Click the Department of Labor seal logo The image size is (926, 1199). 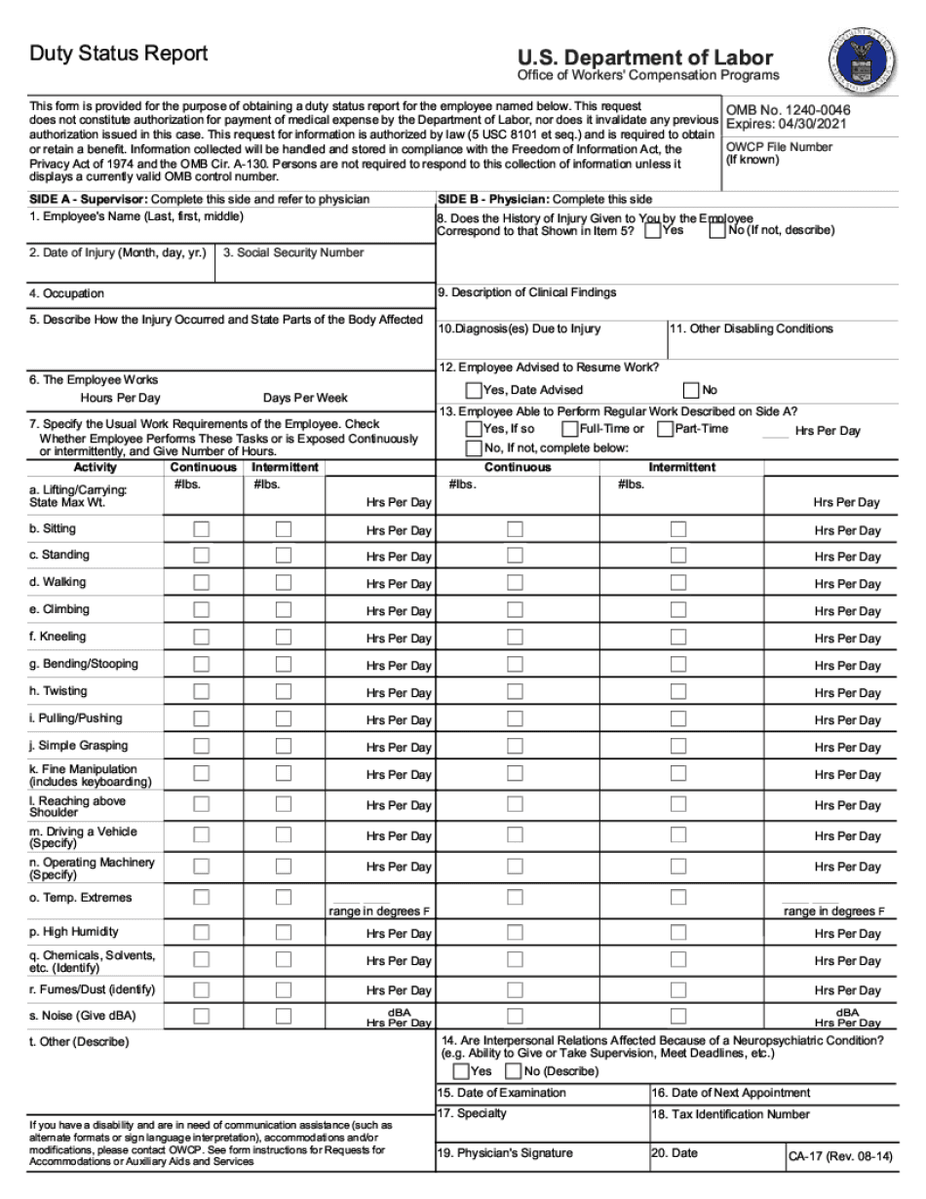862,58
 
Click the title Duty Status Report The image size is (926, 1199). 118,54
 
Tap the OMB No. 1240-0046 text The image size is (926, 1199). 787,111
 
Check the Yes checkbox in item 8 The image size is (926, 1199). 653,231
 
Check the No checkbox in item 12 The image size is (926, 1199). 691,390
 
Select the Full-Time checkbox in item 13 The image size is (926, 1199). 569,429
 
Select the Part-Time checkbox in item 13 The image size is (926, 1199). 665,429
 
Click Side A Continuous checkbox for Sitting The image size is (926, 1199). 201,529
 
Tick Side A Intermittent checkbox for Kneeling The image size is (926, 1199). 283,638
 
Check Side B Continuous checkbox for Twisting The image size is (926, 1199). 515,692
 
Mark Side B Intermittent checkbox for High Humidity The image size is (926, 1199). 677,932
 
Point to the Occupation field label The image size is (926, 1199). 66,293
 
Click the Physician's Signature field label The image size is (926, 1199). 505,1153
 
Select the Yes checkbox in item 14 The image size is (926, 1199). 461,1071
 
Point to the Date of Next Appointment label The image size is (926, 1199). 731,1093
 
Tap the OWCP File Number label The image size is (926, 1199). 779,153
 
